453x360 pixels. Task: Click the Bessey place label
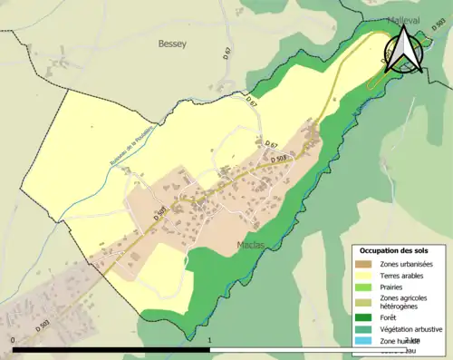point(171,42)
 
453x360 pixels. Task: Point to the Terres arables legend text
point(400,275)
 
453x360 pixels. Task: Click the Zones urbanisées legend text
point(404,263)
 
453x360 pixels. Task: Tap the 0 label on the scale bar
point(14,340)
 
